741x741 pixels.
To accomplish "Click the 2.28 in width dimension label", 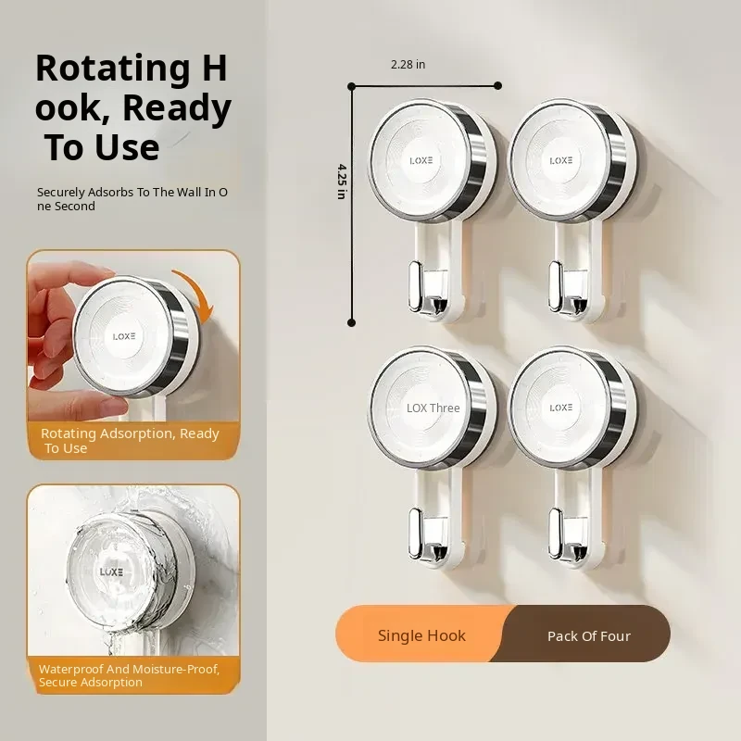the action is click(x=408, y=64).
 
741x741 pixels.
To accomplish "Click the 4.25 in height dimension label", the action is click(x=342, y=182).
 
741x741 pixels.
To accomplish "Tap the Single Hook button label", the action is click(x=421, y=635).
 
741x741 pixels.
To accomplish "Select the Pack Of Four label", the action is click(x=589, y=636).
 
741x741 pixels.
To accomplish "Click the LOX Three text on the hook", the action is click(x=433, y=408).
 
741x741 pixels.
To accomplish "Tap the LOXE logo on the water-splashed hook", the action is click(x=111, y=571).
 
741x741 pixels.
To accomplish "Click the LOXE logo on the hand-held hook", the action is click(x=124, y=336).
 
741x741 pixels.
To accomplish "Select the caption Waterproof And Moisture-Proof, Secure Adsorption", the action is click(x=129, y=675).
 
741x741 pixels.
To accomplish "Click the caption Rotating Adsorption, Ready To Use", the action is click(x=130, y=441).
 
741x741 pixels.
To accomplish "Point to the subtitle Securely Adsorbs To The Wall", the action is click(x=132, y=199).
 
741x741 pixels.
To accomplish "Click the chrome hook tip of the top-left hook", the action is click(x=415, y=287).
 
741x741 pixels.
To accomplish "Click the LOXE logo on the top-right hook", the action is click(x=561, y=160).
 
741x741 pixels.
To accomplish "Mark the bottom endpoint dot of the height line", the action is click(x=351, y=322).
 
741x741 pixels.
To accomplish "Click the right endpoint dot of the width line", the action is click(x=497, y=85).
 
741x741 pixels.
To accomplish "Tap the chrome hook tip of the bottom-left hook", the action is click(x=415, y=534).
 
